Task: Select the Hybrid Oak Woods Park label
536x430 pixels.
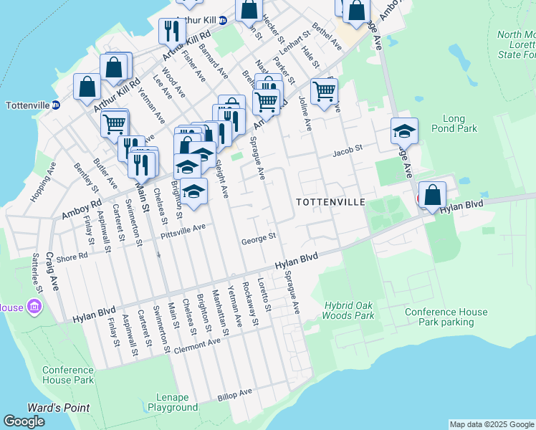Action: tap(349, 310)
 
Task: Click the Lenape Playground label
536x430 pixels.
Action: tap(173, 402)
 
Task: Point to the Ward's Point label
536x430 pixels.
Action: tap(58, 408)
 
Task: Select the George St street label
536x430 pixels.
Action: tap(259, 237)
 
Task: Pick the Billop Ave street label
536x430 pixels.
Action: tap(236, 393)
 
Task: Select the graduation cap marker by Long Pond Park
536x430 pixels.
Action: tap(404, 131)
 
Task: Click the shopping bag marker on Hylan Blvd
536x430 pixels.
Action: tap(433, 194)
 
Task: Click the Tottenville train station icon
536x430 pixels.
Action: tap(56, 105)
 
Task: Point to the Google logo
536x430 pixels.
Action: tap(24, 421)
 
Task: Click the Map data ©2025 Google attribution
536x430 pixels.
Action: tap(492, 424)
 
